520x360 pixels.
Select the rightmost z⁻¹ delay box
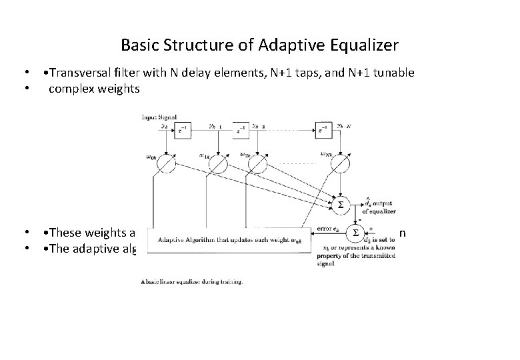point(325,130)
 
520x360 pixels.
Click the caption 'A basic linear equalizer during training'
point(193,282)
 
